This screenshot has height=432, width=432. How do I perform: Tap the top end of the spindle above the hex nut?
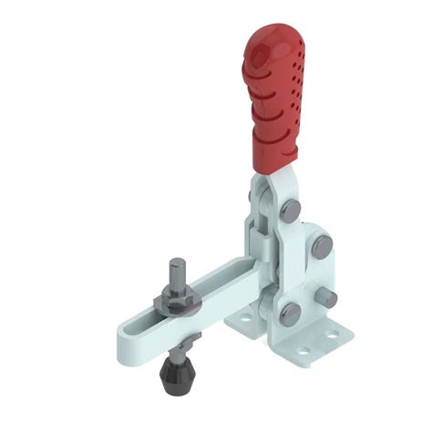click(x=175, y=265)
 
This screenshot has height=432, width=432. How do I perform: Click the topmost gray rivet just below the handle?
click(x=291, y=210)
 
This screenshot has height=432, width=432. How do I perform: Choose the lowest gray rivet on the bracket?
click(x=289, y=314)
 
